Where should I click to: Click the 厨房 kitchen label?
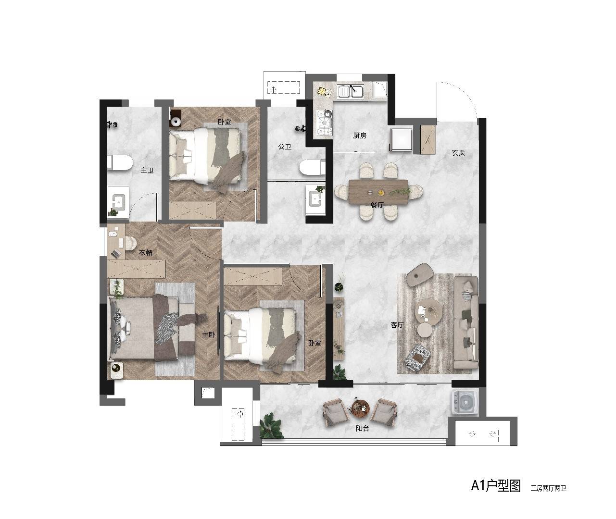[360, 136]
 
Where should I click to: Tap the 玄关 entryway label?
[458, 153]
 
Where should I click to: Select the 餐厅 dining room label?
[377, 205]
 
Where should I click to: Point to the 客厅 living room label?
[397, 325]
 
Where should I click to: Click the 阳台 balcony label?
[362, 429]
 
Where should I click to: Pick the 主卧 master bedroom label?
[209, 334]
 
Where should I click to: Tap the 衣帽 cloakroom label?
[146, 252]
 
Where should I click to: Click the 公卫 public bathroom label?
[285, 147]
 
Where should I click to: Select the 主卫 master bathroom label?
[147, 171]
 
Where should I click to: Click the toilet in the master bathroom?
[120, 163]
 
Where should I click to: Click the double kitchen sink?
[351, 91]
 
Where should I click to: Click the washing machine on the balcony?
[465, 403]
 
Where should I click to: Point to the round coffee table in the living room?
[428, 311]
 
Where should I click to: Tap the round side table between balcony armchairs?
[361, 408]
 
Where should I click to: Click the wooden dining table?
[378, 192]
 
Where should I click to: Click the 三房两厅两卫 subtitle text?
[549, 488]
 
